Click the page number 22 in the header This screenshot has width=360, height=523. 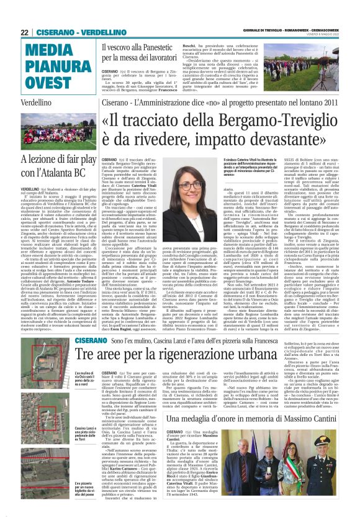tap(24, 32)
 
